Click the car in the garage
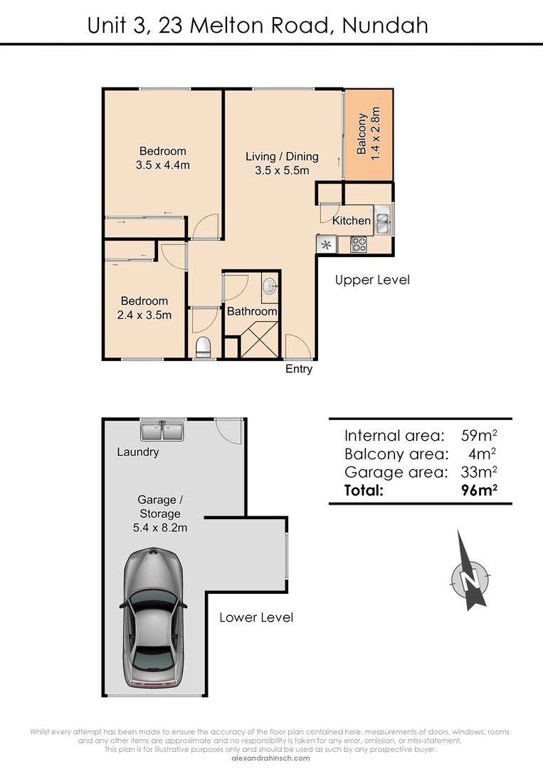pyautogui.click(x=153, y=619)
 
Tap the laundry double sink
pyautogui.click(x=162, y=431)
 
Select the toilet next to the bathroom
pyautogui.click(x=203, y=347)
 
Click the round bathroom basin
pyautogui.click(x=270, y=286)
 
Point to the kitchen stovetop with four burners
pyautogui.click(x=359, y=244)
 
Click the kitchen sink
pyautogui.click(x=382, y=220)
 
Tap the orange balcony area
pyautogui.click(x=369, y=135)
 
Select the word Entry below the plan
pyautogui.click(x=299, y=370)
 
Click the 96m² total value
pyautogui.click(x=479, y=489)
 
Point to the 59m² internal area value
pyautogui.click(x=479, y=435)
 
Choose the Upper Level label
pyautogui.click(x=372, y=280)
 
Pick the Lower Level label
pyautogui.click(x=256, y=617)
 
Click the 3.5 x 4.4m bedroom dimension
pyautogui.click(x=163, y=165)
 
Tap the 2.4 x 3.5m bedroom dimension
pyautogui.click(x=144, y=315)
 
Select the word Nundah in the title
pyautogui.click(x=385, y=26)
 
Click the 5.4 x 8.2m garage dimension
pyautogui.click(x=159, y=528)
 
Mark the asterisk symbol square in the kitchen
pyautogui.click(x=327, y=244)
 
